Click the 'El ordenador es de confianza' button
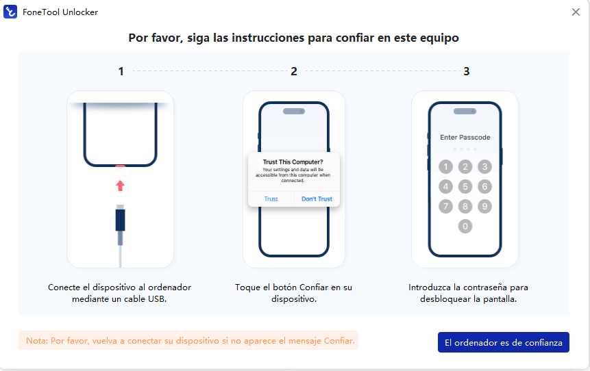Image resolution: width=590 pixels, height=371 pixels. (x=503, y=342)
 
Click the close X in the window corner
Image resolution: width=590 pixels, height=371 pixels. (x=576, y=12)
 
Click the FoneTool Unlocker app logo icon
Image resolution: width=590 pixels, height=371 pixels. (x=10, y=12)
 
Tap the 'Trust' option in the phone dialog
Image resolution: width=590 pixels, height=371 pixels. (x=271, y=199)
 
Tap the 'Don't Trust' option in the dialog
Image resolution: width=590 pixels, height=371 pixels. (x=317, y=199)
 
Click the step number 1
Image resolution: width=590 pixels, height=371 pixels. (x=121, y=71)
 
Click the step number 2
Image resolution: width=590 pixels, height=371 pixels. (x=294, y=71)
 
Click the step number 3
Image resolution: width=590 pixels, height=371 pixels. (x=467, y=71)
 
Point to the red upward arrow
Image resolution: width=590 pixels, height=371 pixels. (x=121, y=186)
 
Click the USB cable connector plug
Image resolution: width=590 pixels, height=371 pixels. (x=121, y=220)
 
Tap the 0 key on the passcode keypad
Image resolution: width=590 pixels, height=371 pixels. (x=465, y=226)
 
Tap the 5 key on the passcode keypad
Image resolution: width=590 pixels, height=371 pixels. (x=465, y=186)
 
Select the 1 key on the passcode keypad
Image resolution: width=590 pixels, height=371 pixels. (x=445, y=166)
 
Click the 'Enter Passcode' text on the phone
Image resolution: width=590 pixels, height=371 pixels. (x=465, y=138)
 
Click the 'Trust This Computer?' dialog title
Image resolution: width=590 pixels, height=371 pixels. (x=293, y=162)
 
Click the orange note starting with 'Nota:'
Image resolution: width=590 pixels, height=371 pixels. (x=188, y=340)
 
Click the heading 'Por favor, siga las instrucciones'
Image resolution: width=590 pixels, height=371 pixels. (x=293, y=38)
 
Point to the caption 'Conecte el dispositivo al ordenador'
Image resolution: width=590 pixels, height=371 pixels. (x=121, y=287)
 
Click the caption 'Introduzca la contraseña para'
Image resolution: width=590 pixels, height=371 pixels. (x=468, y=287)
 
